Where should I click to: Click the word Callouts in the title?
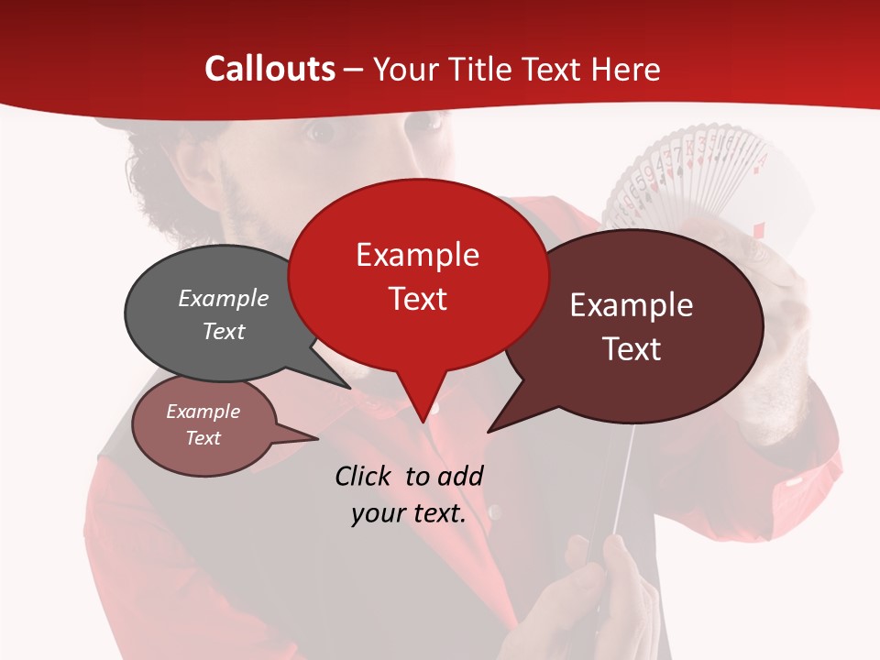(269, 69)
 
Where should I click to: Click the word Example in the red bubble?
(417, 255)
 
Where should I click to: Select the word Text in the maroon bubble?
(632, 349)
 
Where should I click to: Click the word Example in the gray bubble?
(223, 298)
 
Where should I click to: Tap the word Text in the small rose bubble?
(203, 438)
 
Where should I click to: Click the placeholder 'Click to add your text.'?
(408, 494)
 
